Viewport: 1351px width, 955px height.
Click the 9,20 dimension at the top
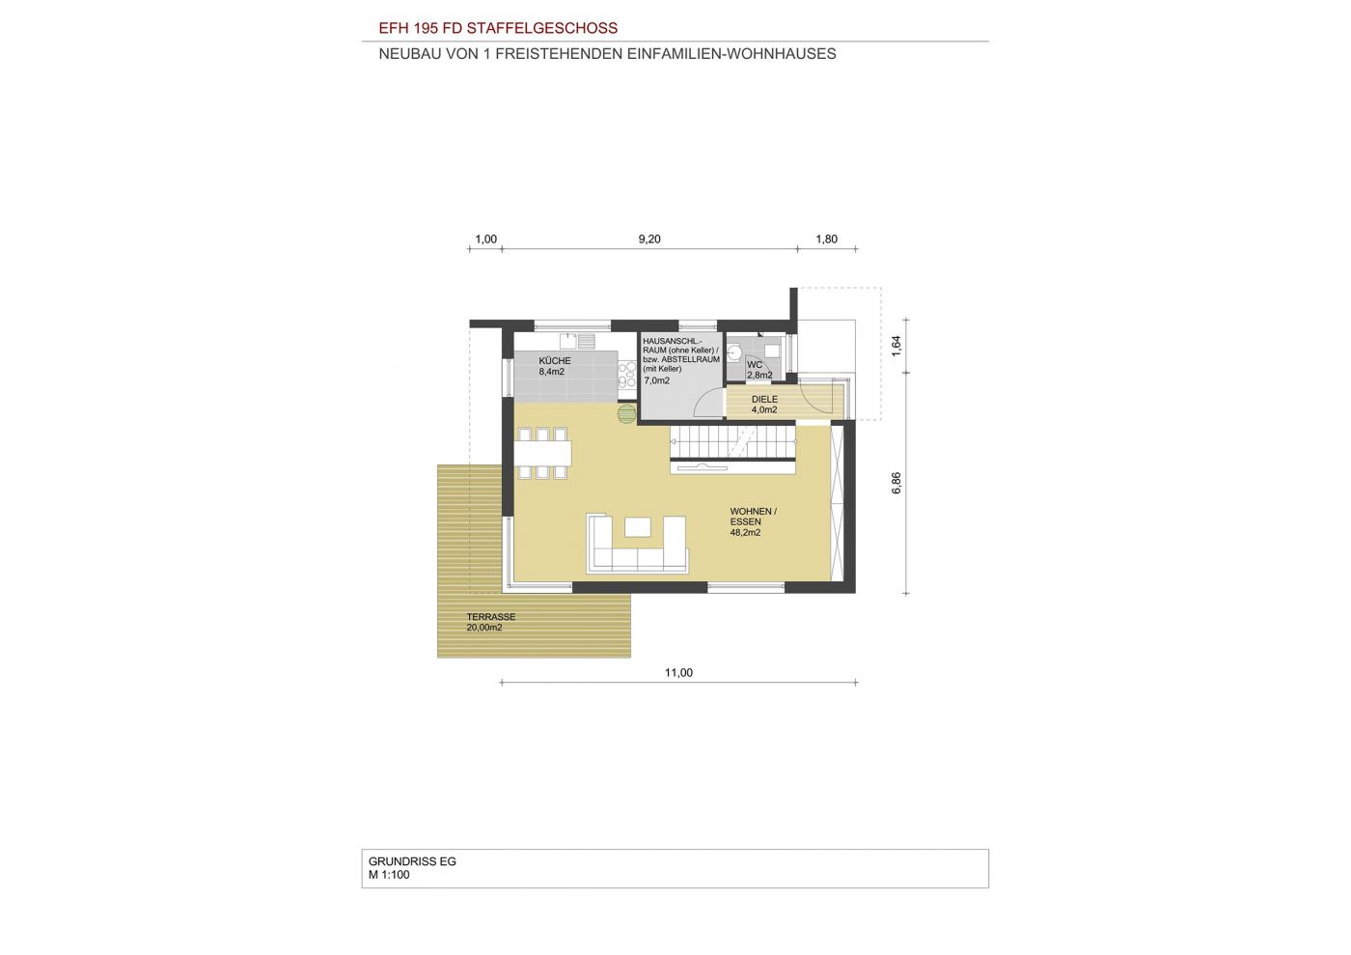pos(649,239)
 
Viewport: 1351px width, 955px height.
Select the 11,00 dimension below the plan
pos(678,672)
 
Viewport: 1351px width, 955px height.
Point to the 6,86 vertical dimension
pos(896,483)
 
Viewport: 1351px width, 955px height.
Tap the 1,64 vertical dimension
pos(896,346)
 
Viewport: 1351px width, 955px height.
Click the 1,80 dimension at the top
pos(826,239)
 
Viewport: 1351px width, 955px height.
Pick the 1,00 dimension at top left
pos(486,239)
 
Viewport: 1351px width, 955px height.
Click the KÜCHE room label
pos(554,360)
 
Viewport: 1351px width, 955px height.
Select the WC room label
pos(755,365)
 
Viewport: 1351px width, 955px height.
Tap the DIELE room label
pos(764,399)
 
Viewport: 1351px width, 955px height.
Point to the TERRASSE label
pos(490,617)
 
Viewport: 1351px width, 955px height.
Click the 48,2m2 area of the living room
pos(745,532)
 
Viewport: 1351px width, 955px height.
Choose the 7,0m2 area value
pos(657,380)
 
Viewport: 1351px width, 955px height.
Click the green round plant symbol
pos(626,413)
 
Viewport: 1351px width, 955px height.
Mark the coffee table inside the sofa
pos(638,526)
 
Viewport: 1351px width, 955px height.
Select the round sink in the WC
pos(734,352)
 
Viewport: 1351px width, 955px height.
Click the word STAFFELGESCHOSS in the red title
pos(542,28)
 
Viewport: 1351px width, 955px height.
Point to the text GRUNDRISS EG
pos(412,861)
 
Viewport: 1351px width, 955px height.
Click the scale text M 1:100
pos(388,875)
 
